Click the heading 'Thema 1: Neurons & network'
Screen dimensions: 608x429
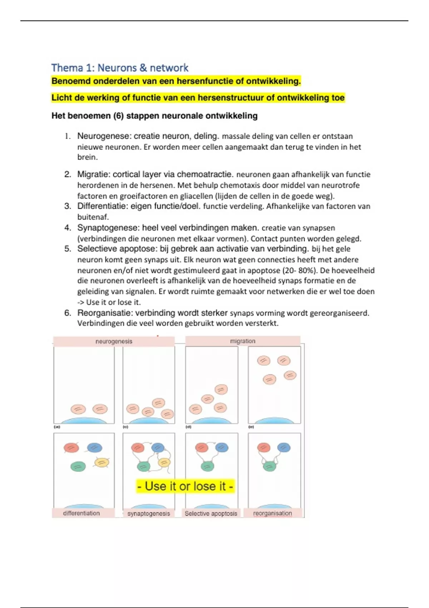point(120,68)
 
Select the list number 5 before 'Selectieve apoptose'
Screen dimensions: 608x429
point(68,249)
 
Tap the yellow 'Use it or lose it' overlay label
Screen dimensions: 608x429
point(185,486)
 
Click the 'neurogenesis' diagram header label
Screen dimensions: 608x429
point(114,342)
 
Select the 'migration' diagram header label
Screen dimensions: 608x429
point(243,341)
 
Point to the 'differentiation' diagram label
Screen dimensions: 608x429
point(82,513)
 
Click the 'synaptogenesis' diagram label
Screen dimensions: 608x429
point(149,514)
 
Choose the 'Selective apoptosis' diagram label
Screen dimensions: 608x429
point(211,514)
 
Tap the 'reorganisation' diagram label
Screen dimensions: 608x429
point(272,514)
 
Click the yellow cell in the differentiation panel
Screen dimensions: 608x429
point(102,463)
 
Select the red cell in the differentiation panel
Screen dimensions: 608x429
point(71,447)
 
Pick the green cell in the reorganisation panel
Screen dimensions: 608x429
point(269,466)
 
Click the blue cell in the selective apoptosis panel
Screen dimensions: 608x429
point(222,447)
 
